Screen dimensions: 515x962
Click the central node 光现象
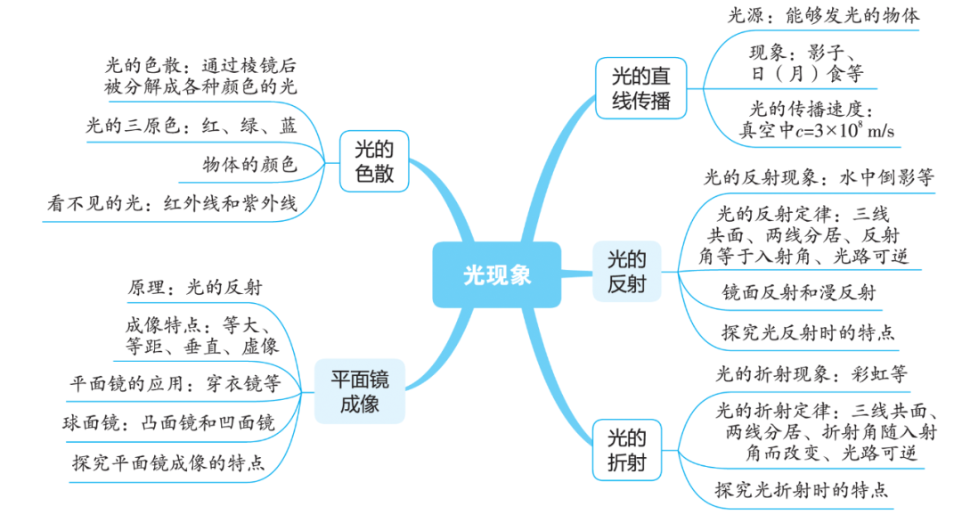[x=497, y=274]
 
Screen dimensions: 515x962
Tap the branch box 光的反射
[x=627, y=273]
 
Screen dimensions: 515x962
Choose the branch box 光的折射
[x=627, y=451]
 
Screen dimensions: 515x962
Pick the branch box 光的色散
[x=374, y=160]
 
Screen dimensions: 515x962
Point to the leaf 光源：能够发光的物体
[x=824, y=15]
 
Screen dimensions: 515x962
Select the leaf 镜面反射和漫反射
[x=799, y=292]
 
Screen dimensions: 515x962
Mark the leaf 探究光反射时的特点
[x=808, y=334]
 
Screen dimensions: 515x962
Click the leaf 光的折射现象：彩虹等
[x=811, y=373]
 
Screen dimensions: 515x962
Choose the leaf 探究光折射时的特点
[x=802, y=489]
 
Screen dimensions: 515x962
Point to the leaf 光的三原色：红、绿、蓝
[x=192, y=126]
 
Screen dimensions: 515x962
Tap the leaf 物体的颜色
[x=249, y=165]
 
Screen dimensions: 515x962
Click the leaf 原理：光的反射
[x=195, y=288]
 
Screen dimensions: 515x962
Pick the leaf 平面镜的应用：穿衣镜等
[x=175, y=384]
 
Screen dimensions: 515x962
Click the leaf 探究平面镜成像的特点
[x=168, y=462]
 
